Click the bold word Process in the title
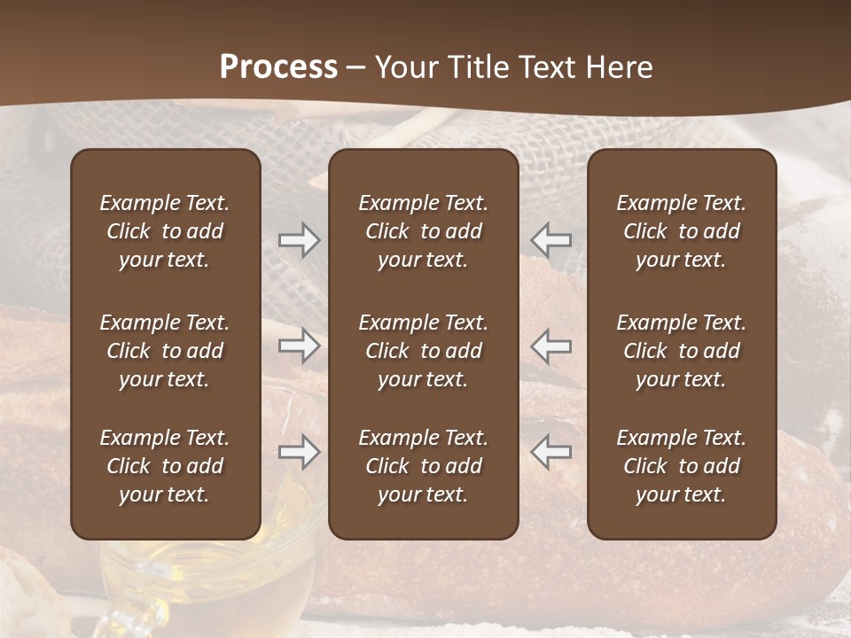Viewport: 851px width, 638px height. [278, 66]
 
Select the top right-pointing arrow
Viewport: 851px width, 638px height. [300, 240]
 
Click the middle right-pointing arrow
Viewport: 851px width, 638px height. [300, 346]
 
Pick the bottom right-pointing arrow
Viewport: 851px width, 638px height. [300, 452]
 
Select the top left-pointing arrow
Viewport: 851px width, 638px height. [551, 240]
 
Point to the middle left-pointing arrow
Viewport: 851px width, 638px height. [551, 346]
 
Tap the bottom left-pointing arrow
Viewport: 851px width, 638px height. [551, 452]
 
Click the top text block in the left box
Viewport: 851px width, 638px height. [165, 231]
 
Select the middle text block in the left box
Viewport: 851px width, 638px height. [165, 351]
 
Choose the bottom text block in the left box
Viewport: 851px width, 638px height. [165, 466]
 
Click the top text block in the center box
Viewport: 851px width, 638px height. [423, 231]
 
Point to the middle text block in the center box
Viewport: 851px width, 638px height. [423, 351]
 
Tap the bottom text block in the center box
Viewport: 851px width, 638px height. [423, 466]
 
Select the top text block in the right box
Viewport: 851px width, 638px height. [681, 231]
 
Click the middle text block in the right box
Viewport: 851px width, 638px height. [681, 351]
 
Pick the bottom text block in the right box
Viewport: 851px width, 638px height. [681, 466]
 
